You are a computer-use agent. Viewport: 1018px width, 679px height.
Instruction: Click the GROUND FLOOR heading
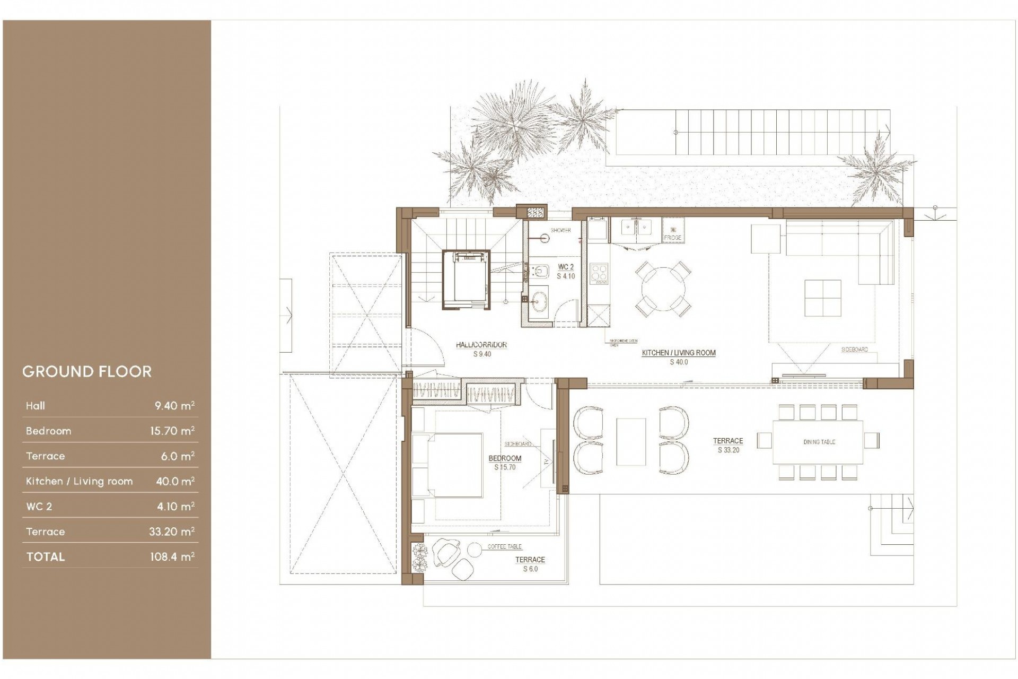click(x=87, y=371)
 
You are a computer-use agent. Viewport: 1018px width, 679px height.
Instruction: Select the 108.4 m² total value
click(x=172, y=556)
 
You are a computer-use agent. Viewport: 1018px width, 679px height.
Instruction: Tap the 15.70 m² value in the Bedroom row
click(x=172, y=431)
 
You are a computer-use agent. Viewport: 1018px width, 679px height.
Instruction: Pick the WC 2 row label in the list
click(x=39, y=507)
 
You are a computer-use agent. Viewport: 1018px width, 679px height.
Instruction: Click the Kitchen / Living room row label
click(x=79, y=481)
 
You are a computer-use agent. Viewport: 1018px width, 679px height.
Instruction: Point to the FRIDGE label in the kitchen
click(x=672, y=238)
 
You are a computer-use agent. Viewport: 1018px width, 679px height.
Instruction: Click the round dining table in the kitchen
click(x=663, y=291)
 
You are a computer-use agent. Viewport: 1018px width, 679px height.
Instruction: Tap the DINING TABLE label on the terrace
click(x=819, y=442)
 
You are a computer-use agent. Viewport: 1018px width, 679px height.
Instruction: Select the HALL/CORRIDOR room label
click(x=481, y=345)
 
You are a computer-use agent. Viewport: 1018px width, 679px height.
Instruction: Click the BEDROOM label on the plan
click(x=505, y=458)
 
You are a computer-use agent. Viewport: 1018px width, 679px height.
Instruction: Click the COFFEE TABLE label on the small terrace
click(x=504, y=546)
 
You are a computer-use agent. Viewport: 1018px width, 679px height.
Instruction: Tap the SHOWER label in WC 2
click(x=560, y=230)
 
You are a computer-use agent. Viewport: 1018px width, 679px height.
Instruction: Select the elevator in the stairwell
click(x=466, y=279)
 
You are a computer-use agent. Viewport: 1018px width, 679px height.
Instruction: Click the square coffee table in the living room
click(x=822, y=298)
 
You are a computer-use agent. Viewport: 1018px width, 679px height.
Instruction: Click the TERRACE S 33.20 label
click(x=727, y=445)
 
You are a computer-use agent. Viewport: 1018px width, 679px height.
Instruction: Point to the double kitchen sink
click(x=636, y=229)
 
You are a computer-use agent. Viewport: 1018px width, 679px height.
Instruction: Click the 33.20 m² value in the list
click(x=171, y=532)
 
